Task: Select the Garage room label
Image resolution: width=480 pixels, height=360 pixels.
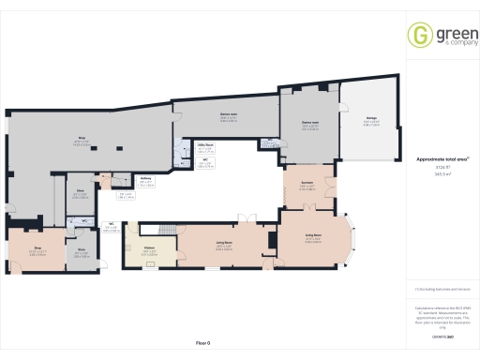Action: click(x=371, y=120)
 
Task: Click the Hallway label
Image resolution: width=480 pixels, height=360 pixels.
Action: click(x=146, y=183)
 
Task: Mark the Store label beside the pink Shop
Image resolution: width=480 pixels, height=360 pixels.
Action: click(x=82, y=249)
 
